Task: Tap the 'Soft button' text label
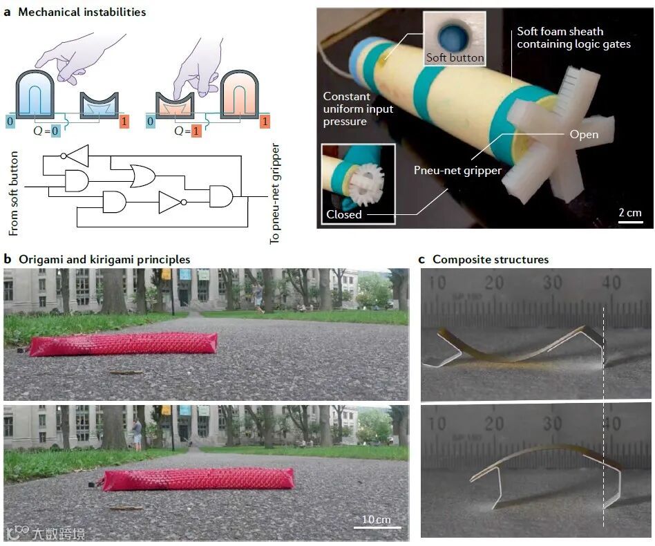pyautogui.click(x=454, y=57)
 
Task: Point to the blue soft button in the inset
pyautogui.click(x=453, y=35)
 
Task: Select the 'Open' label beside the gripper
pyautogui.click(x=584, y=135)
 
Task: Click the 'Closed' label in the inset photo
pyautogui.click(x=344, y=214)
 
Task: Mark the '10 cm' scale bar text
pyautogui.click(x=376, y=519)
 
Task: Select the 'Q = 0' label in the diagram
pyautogui.click(x=53, y=131)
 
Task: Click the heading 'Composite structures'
pyautogui.click(x=491, y=260)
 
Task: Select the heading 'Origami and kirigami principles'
pyautogui.click(x=104, y=260)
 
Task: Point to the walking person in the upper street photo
pyautogui.click(x=258, y=296)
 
